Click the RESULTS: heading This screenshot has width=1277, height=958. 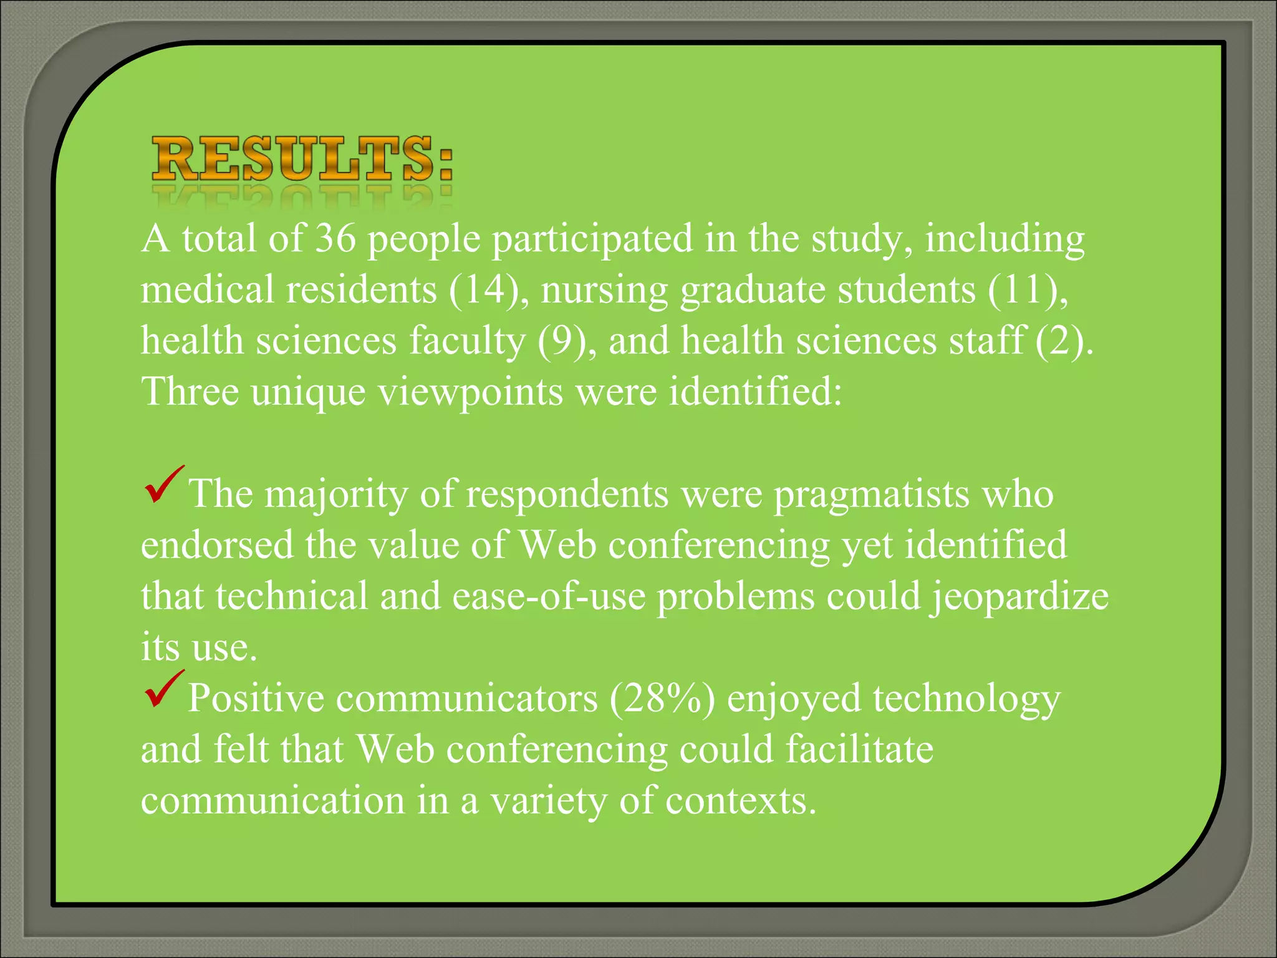(x=302, y=160)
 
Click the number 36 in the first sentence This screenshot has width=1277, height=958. (x=335, y=238)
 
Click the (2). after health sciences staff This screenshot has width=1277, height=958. (x=1064, y=341)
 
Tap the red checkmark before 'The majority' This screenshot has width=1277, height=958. (x=163, y=485)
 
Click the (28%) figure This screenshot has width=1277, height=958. (x=662, y=699)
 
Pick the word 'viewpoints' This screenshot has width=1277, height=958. (x=470, y=392)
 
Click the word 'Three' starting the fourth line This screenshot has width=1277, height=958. (x=190, y=392)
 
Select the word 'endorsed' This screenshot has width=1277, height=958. (x=216, y=545)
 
